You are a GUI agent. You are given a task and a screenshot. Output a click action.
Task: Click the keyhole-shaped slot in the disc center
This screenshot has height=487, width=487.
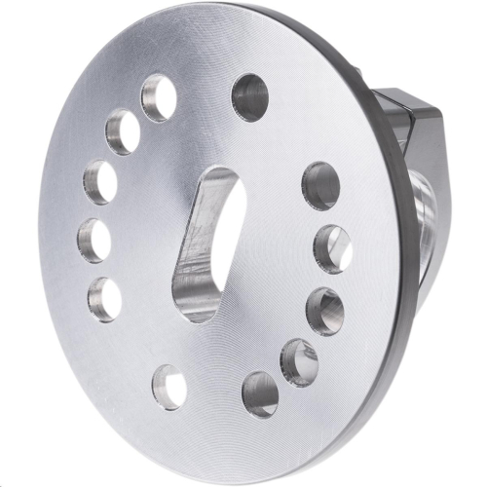206,243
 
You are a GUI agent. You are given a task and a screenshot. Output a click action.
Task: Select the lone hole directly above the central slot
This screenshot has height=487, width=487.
249,96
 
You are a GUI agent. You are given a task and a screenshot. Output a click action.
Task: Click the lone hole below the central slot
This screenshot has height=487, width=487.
169,387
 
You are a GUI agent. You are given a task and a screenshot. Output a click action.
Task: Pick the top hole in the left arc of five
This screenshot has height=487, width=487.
158,97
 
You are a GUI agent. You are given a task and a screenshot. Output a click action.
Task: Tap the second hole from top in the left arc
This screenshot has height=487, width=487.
123,131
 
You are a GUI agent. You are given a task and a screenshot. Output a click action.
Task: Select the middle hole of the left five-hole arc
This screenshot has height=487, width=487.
100,182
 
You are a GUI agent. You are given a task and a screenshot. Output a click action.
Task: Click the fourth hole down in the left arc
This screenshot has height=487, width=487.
94,240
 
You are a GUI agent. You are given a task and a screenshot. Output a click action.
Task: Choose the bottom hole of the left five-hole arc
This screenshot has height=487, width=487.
104,298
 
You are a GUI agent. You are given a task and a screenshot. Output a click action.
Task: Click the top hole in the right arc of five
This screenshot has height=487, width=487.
320,185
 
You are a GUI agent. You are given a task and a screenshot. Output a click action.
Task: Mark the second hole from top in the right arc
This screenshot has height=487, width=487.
332,248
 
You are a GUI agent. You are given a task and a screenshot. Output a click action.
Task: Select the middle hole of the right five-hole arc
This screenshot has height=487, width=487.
324,311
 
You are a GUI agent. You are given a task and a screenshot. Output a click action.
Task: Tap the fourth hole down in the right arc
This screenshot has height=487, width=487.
299,361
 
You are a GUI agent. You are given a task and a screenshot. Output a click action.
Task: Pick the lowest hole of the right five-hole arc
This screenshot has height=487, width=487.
260,393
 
